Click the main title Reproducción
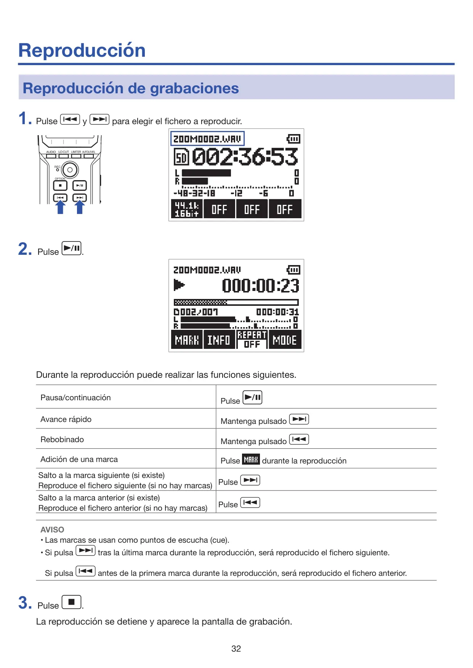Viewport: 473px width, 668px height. [x=82, y=50]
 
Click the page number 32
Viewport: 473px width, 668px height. [x=236, y=649]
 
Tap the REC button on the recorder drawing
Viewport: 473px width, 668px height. [x=70, y=170]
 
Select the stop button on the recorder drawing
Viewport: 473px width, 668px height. [x=60, y=185]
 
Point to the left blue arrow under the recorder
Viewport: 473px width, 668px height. [x=60, y=207]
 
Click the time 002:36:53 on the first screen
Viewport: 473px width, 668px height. [x=245, y=157]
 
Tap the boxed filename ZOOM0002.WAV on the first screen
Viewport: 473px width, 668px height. [x=207, y=139]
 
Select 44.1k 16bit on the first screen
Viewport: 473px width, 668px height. [x=186, y=209]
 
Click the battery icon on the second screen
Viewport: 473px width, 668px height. [x=293, y=270]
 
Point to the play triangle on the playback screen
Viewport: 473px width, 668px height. [x=179, y=284]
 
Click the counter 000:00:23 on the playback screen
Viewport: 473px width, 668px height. [x=261, y=285]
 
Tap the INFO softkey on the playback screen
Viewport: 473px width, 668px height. [x=219, y=340]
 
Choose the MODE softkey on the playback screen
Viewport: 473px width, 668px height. [x=285, y=340]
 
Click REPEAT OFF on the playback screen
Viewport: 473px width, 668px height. [x=252, y=340]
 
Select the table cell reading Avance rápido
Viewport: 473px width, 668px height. [x=66, y=419]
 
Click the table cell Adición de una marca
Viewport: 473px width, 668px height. [x=79, y=459]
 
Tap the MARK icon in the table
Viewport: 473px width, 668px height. [x=251, y=459]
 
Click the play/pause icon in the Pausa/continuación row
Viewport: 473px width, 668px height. [x=252, y=398]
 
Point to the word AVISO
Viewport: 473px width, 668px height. [x=52, y=529]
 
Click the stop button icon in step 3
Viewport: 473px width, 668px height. [x=72, y=602]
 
